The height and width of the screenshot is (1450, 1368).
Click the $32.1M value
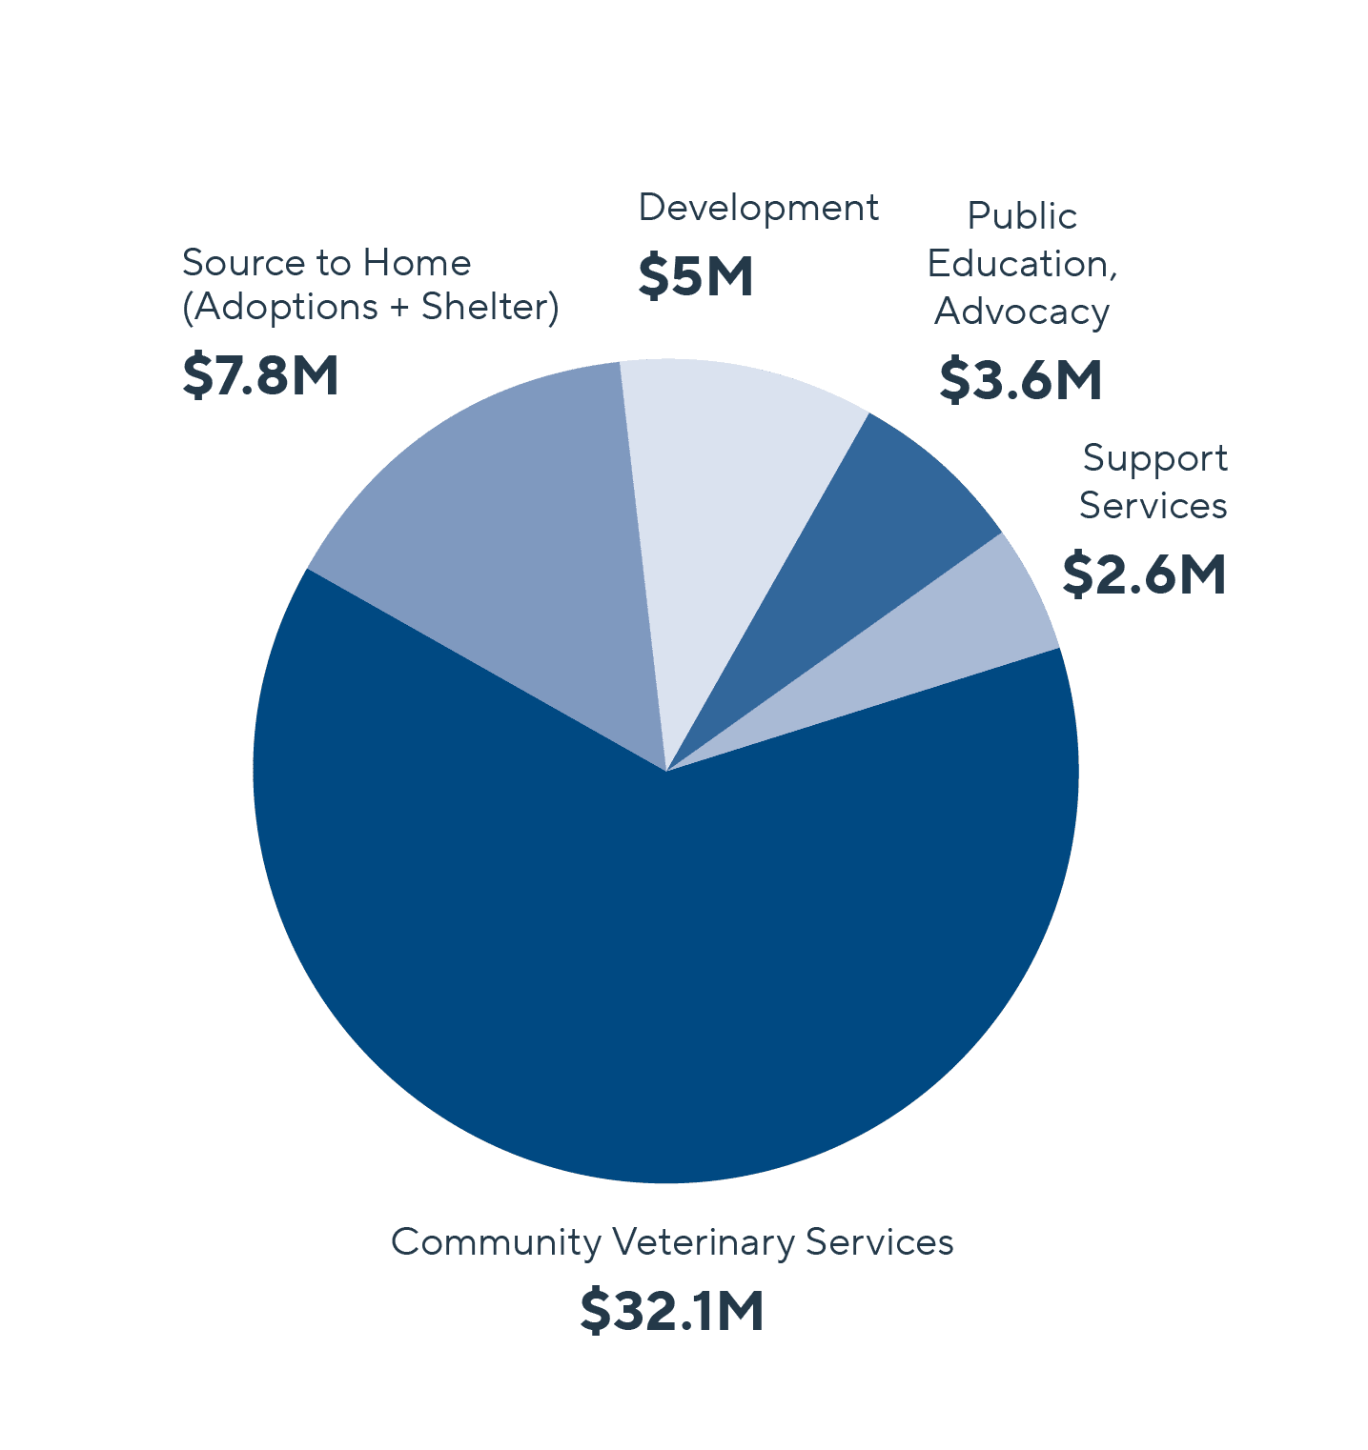pos(672,1311)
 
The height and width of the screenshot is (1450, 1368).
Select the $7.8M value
pos(260,374)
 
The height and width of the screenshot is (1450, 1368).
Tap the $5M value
pos(695,276)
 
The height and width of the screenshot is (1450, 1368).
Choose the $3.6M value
pos(1020,379)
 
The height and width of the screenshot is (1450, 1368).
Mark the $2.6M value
pos(1144,574)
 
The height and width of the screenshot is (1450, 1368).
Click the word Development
pos(758,208)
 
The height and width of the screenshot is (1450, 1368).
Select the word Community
pos(496,1242)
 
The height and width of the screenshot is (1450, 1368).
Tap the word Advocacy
pos(1022,312)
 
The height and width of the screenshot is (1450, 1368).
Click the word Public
pos(1022,216)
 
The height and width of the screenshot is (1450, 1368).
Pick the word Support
pos(1154,458)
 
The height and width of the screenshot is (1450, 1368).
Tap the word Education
pos(1017,264)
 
